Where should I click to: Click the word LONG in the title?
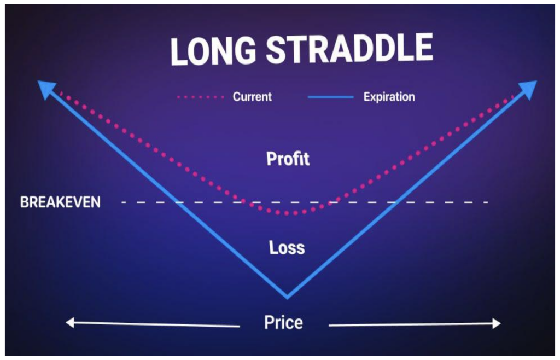pos(213,50)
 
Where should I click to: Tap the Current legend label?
pos(252,96)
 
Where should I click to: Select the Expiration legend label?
pos(389,97)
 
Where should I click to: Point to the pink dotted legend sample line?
pos(200,97)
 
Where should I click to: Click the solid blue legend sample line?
pos(330,97)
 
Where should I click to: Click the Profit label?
pos(288,159)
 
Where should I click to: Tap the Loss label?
pos(287,247)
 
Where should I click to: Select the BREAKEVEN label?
pos(60,202)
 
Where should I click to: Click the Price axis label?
pos(284,322)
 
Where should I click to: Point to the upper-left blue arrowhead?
pos(46,89)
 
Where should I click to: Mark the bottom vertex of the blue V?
pos(287,297)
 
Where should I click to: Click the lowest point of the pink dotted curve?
pos(291,213)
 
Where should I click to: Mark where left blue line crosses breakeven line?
pos(179,202)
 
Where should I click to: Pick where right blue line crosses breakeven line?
pos(393,202)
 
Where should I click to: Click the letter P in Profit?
pos(271,159)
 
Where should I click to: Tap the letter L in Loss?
pos(273,247)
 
